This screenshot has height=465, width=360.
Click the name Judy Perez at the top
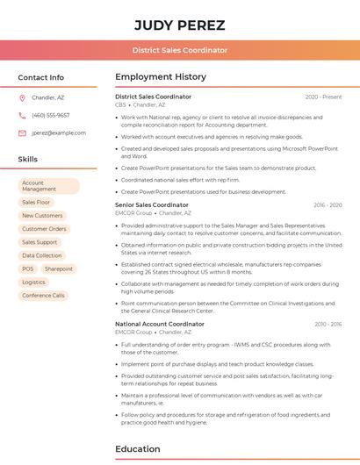180,25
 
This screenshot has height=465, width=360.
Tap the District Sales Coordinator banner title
180,50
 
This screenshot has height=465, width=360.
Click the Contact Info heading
41,77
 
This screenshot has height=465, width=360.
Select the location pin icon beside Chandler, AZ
22,97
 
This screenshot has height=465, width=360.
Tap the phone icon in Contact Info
22,115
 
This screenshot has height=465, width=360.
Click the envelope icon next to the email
22,132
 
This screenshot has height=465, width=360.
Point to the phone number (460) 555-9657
50,115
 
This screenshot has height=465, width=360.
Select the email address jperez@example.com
59,132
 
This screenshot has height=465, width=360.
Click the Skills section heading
28,159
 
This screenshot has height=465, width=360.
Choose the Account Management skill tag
48,186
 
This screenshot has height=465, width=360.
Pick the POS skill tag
28,268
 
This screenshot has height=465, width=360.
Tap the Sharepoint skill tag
59,268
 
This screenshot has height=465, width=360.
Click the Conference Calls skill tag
43,296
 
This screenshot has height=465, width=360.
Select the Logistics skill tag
33,283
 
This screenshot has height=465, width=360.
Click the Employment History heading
161,77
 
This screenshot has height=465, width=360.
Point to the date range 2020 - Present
323,97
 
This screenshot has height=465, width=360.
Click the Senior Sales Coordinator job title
152,204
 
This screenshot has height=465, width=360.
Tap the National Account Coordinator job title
160,324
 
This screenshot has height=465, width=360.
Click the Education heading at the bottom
139,449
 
